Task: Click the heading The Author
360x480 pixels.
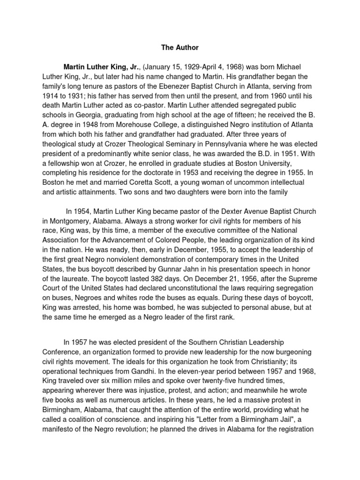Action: point(180,47)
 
